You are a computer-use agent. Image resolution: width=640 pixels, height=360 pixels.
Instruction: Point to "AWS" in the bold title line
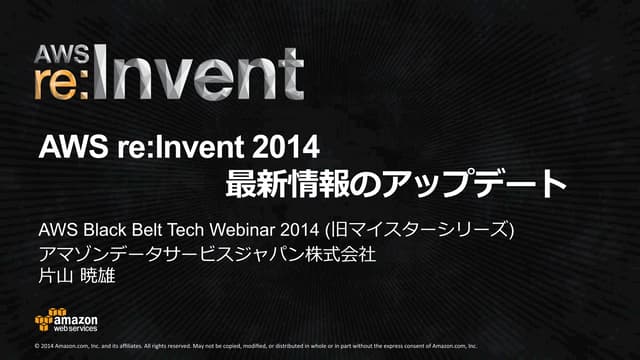pyautogui.click(x=67, y=148)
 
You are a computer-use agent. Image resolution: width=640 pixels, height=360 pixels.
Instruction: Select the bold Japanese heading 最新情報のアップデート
pyautogui.click(x=398, y=184)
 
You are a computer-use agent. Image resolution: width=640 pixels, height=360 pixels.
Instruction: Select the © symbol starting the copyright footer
pyautogui.click(x=37, y=347)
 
